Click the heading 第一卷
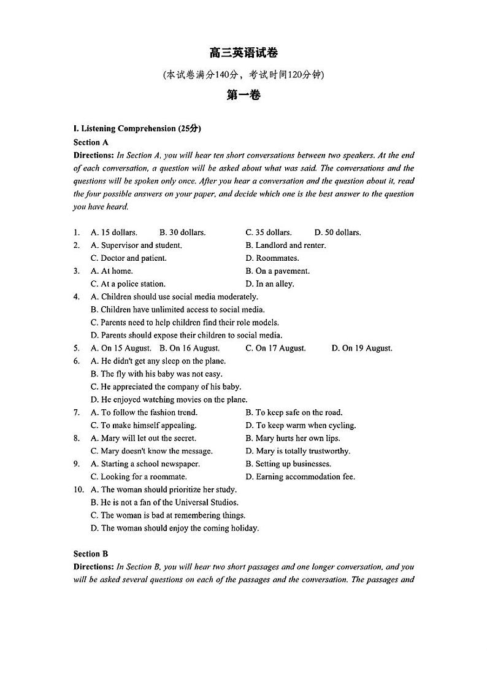pyautogui.click(x=243, y=95)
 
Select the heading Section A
pyautogui.click(x=91, y=142)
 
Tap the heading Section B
pyautogui.click(x=91, y=554)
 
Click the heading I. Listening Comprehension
pyautogui.click(x=137, y=129)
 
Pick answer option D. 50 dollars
pyautogui.click(x=337, y=233)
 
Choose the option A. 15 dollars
pyautogui.click(x=114, y=233)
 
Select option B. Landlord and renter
pyautogui.click(x=286, y=245)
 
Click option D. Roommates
pyautogui.click(x=272, y=258)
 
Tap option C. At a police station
pyautogui.click(x=128, y=284)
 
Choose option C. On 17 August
pyautogui.click(x=275, y=348)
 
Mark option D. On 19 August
pyautogui.click(x=362, y=348)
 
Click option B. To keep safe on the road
pyautogui.click(x=294, y=413)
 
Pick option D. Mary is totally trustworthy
pyautogui.click(x=298, y=451)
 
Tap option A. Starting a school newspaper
pyautogui.click(x=145, y=464)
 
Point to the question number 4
pyautogui.click(x=77, y=297)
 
